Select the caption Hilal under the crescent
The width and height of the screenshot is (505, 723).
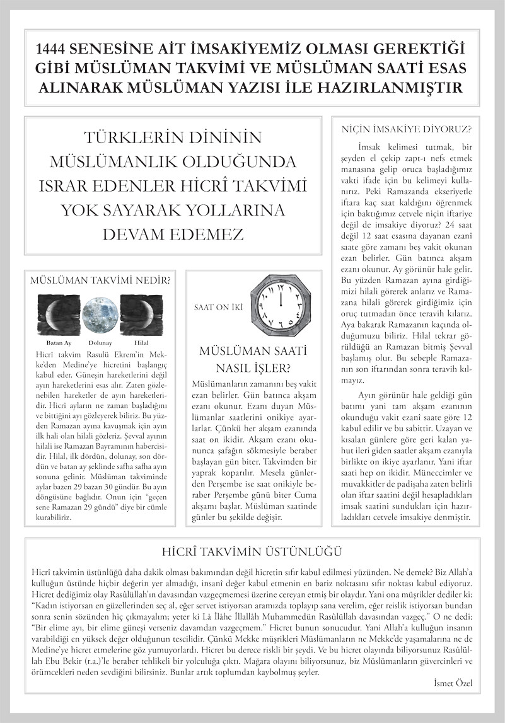(141, 342)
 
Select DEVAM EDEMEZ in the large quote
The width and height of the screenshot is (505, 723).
(173, 234)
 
